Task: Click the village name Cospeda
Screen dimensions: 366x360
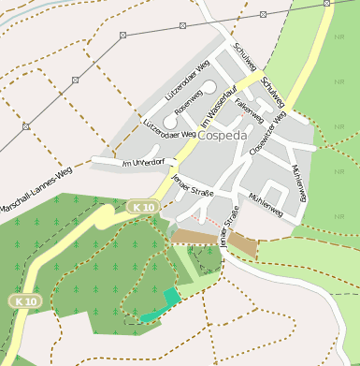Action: click(222, 135)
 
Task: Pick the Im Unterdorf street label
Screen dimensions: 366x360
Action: click(143, 163)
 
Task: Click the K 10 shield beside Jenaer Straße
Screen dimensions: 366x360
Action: click(141, 205)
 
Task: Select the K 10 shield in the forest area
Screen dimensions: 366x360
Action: click(25, 301)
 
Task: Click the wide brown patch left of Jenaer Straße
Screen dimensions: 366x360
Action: click(194, 238)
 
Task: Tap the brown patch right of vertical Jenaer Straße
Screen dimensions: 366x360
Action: click(244, 245)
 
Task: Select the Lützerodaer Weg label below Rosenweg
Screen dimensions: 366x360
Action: click(168, 128)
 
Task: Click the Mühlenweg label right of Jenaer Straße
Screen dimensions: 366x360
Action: click(266, 203)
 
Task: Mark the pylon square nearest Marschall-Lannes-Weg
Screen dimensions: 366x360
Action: click(25, 125)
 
